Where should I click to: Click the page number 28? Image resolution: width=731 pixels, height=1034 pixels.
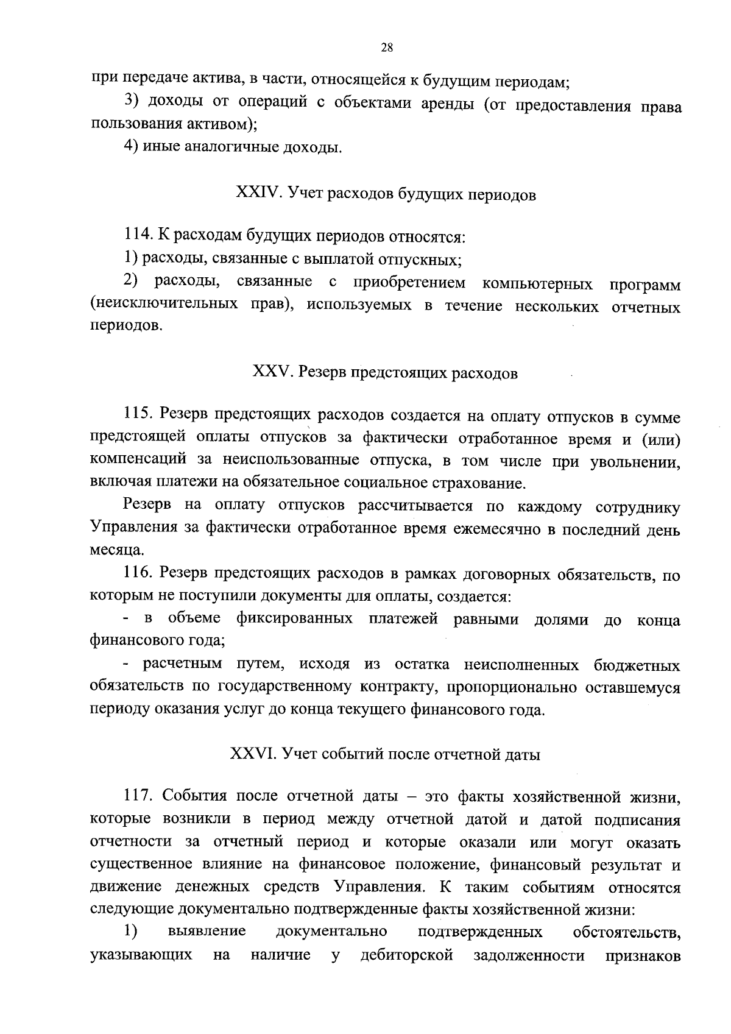click(x=386, y=48)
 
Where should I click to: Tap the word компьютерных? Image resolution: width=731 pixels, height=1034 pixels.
click(x=538, y=283)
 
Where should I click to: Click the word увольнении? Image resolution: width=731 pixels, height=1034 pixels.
click(x=635, y=461)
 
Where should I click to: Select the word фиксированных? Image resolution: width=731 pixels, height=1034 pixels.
click(x=294, y=619)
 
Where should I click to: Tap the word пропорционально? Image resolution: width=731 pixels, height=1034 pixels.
click(x=513, y=687)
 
